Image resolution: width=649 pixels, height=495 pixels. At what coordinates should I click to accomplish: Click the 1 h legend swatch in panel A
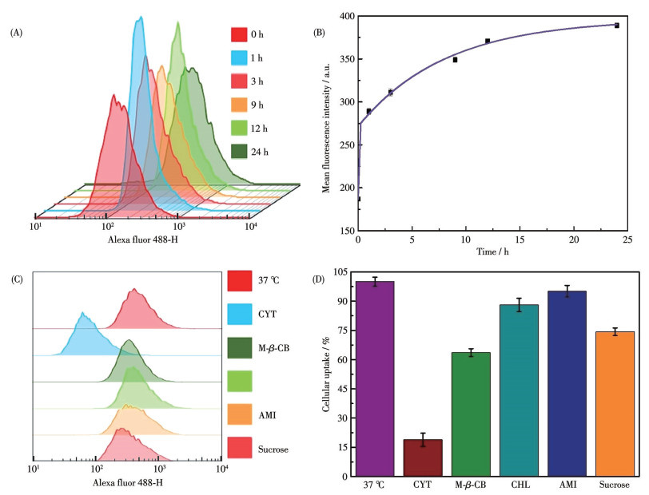coord(238,58)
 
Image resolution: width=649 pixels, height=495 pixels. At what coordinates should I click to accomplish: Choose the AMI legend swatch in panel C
coord(241,416)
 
